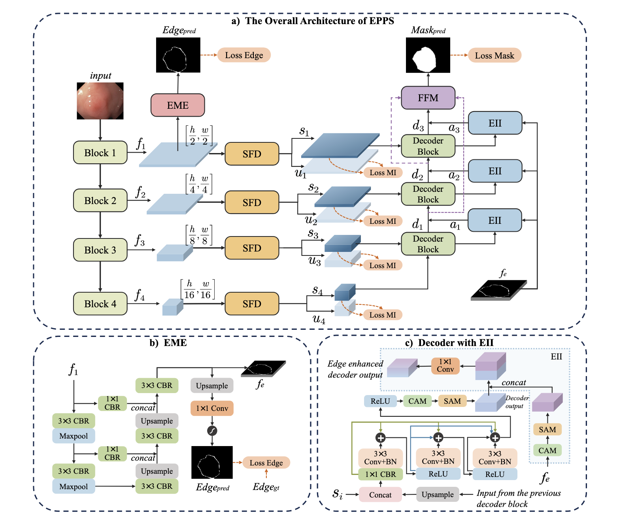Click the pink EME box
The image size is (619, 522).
tap(177, 105)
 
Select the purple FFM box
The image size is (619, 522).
tap(428, 98)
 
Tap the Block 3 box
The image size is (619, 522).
tap(100, 250)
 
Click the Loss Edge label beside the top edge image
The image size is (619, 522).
tap(244, 55)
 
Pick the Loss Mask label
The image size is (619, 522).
tap(494, 55)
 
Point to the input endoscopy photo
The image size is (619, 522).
tap(100, 101)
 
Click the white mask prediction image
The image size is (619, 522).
tap(428, 55)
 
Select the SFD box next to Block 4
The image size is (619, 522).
tap(252, 304)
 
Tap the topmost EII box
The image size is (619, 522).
tap(494, 123)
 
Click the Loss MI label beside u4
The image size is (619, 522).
tap(383, 315)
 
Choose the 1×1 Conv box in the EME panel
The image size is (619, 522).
tap(212, 408)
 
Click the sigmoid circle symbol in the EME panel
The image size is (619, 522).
tap(212, 431)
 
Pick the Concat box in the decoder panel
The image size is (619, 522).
tap(380, 495)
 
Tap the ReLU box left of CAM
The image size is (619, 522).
tap(380, 401)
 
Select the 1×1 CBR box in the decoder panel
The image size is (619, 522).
tap(380, 474)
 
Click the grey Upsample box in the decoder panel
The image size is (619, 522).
tap(438, 494)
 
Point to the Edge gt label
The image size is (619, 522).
tap(266, 487)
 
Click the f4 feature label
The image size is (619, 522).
tap(140, 295)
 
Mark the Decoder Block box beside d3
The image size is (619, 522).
tap(428, 146)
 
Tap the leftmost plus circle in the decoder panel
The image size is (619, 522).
tap(380, 437)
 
